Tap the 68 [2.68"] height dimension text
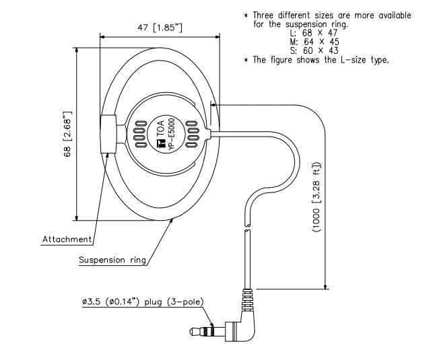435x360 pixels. pos(67,135)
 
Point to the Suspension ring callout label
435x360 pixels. pos(112,260)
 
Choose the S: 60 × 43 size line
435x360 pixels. pos(308,51)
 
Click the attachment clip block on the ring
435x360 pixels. pos(108,133)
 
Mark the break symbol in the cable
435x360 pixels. pos(248,229)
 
